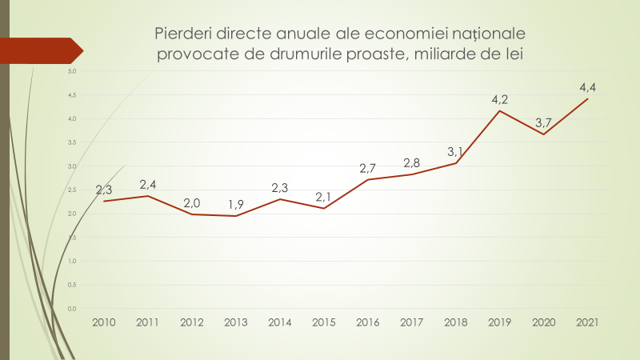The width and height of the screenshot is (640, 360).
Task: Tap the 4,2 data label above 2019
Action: pyautogui.click(x=500, y=100)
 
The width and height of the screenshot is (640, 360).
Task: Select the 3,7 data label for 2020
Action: pyautogui.click(x=544, y=122)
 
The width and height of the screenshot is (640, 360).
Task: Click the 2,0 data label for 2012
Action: pyautogui.click(x=192, y=203)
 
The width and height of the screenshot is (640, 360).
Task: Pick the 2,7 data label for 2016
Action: pyautogui.click(x=367, y=168)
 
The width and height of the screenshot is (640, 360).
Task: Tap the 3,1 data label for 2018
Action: pyautogui.click(x=456, y=151)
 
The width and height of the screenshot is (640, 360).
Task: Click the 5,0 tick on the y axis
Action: pyautogui.click(x=71, y=71)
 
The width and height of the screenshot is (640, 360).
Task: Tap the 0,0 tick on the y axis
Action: pyautogui.click(x=71, y=309)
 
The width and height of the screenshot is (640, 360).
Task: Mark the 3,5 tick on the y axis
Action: pyautogui.click(x=71, y=142)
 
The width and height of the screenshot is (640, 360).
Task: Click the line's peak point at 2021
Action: pyautogui.click(x=588, y=99)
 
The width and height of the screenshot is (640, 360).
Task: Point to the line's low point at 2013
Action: pyautogui.click(x=236, y=216)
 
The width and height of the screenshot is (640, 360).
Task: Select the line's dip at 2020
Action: pyautogui.click(x=544, y=134)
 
